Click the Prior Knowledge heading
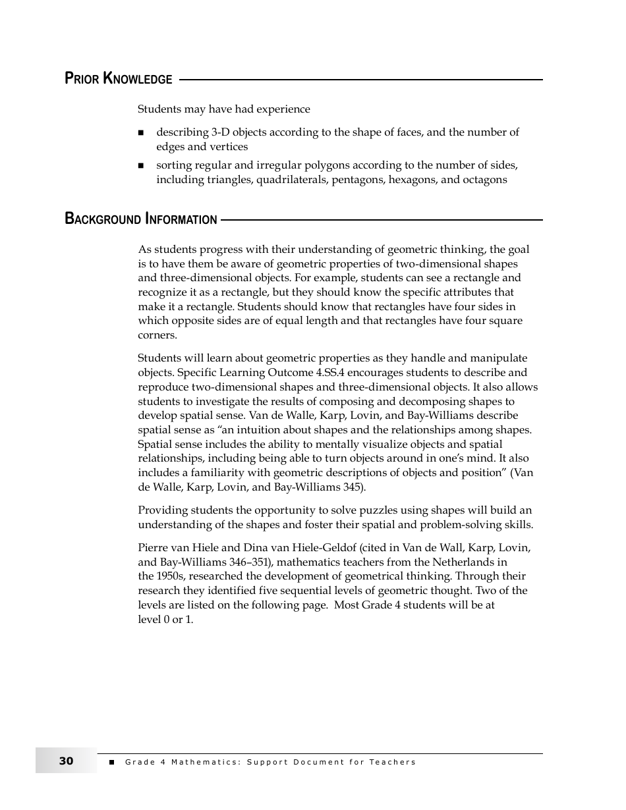119,79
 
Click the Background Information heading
141,219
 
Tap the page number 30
66,761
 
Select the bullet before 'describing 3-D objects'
140,133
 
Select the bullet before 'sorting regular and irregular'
140,166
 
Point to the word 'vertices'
229,147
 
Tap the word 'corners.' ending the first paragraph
157,335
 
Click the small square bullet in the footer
111,762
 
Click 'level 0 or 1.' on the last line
165,620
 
